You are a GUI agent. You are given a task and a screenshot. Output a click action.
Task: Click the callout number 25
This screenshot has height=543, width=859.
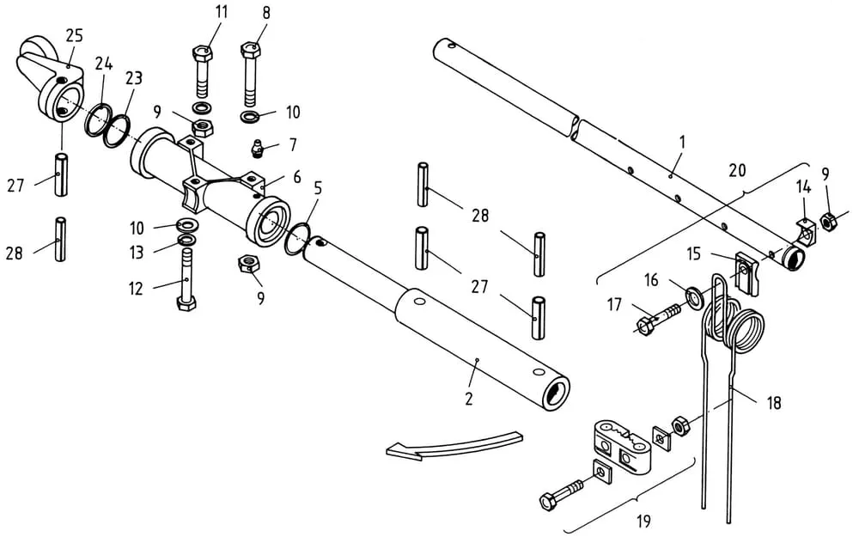click(75, 36)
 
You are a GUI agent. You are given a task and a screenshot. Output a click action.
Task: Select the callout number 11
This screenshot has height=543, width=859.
click(221, 12)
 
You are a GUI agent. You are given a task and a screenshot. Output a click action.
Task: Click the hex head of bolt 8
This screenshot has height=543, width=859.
click(250, 50)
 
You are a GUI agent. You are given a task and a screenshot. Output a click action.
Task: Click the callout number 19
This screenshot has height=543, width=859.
click(644, 521)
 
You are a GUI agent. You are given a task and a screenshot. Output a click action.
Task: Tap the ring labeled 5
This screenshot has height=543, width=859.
click(299, 239)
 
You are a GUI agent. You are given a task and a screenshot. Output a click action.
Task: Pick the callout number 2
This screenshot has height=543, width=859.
click(468, 399)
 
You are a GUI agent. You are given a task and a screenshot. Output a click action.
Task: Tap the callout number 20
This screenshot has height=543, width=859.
click(737, 170)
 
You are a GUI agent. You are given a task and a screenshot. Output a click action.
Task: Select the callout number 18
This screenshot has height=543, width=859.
click(773, 403)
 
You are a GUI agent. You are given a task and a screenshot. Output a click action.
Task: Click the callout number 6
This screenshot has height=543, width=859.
click(297, 177)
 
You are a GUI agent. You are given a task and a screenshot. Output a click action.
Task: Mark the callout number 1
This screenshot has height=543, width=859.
click(682, 143)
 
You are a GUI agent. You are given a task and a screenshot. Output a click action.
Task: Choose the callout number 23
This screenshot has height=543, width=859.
click(134, 78)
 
